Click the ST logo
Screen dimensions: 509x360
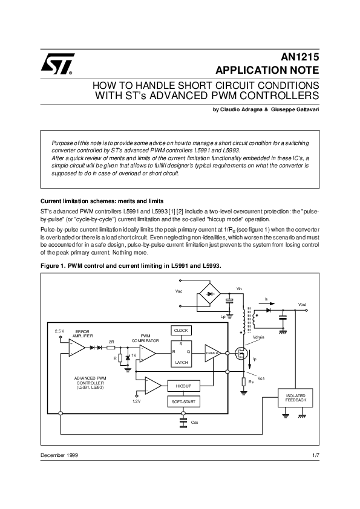tap(58, 63)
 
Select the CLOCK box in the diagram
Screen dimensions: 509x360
tap(182, 331)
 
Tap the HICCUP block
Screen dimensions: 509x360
tap(183, 385)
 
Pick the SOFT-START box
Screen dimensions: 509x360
tap(183, 401)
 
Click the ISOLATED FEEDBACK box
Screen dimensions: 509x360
tap(295, 398)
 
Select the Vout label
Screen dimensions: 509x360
tap(303, 304)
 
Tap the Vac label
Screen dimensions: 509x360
tap(178, 291)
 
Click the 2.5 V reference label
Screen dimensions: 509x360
tap(59, 331)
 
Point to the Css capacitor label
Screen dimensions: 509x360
tap(195, 422)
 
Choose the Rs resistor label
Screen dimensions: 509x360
tap(250, 382)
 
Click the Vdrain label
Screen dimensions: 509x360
tap(258, 337)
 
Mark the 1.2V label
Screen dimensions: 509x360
tap(136, 401)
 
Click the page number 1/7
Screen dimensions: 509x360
tap(315, 455)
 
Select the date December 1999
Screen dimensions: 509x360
tap(59, 455)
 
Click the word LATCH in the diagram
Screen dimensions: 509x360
tap(182, 362)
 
